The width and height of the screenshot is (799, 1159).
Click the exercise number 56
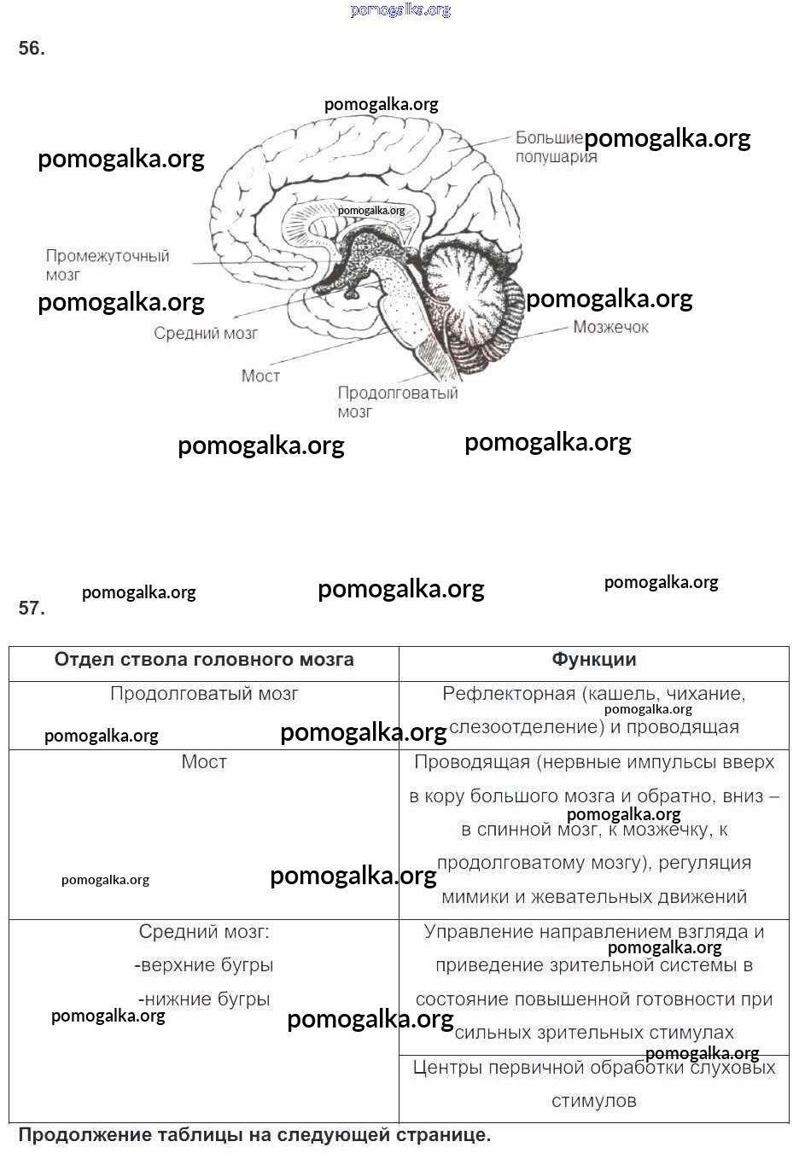coord(32,49)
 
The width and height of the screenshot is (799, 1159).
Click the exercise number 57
coord(32,608)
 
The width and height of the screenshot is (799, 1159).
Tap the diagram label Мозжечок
coord(610,327)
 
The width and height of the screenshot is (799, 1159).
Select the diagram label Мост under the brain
coord(260,376)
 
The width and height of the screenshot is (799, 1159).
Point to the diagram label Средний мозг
coord(206,333)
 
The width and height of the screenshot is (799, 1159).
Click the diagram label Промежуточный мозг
coord(108,265)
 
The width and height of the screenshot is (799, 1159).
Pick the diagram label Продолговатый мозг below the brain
coord(397,402)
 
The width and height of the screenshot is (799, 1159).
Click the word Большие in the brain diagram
coord(548,137)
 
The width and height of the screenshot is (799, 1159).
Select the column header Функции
coord(594,660)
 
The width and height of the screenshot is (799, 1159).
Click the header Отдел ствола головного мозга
coord(204,660)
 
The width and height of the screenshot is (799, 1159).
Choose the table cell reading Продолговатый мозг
coord(204,694)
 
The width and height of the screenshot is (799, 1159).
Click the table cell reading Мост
coord(204,761)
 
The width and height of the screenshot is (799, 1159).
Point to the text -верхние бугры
coord(204,965)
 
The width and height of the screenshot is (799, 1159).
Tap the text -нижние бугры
coord(204,999)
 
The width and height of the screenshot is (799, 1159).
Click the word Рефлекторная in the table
coord(509,694)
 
